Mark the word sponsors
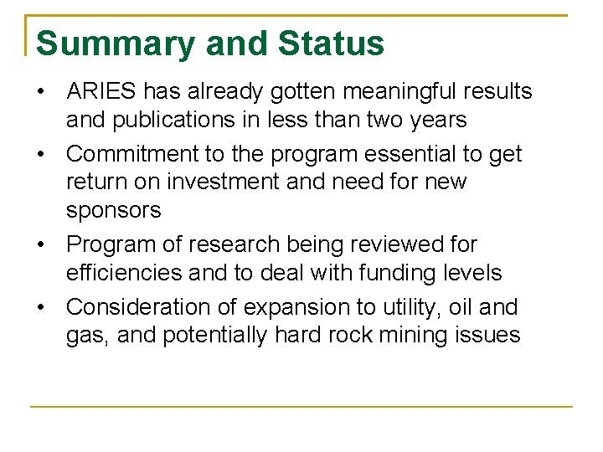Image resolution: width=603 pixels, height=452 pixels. pos(113,210)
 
